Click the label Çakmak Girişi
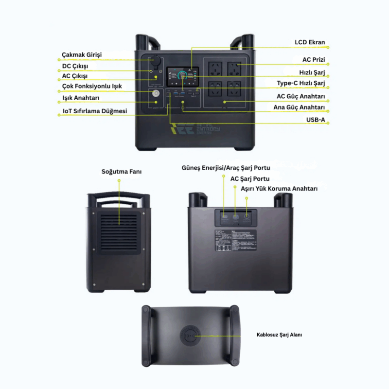(x=82, y=54)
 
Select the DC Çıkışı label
(x=78, y=66)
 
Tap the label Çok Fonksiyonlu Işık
(x=92, y=87)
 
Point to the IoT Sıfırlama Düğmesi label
(x=95, y=111)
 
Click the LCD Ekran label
(x=310, y=42)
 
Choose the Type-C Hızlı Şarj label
(x=301, y=83)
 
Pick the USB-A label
(x=316, y=119)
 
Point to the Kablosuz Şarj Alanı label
(x=280, y=335)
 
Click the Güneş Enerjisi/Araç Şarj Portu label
(x=226, y=168)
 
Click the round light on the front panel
(x=156, y=93)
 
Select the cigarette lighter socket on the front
(x=156, y=62)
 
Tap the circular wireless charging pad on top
(x=190, y=336)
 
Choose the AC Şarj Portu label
(x=250, y=178)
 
